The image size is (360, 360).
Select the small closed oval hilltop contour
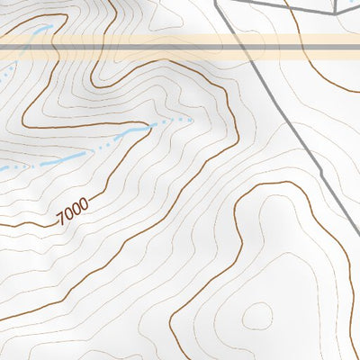point(257,314)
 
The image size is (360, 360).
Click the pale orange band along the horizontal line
point(135,52)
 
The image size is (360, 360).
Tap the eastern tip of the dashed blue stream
point(190,118)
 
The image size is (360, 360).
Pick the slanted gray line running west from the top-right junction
point(288,8)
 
